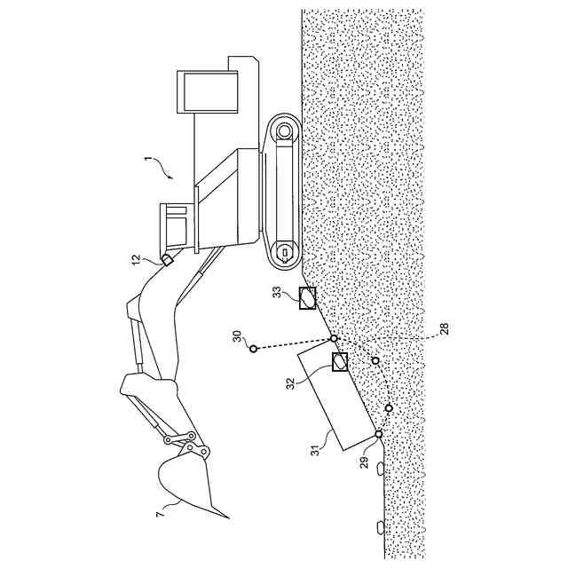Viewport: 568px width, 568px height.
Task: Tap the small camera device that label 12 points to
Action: click(165, 260)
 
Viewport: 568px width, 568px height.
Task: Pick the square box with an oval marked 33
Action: click(307, 298)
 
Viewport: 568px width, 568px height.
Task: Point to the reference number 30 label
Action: click(237, 336)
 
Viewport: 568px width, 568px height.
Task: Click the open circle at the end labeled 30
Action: click(253, 349)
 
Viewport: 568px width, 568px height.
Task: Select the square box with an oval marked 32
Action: click(340, 361)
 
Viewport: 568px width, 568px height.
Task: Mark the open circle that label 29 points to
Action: click(379, 434)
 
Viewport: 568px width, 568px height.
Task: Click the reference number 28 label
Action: click(445, 329)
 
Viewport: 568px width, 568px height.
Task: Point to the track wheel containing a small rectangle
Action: click(283, 252)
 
